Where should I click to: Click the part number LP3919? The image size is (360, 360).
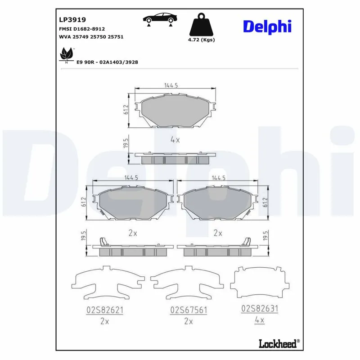coord(72,20)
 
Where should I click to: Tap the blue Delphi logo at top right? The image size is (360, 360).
coord(267,26)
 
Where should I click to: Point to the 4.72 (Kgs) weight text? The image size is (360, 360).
coord(201,40)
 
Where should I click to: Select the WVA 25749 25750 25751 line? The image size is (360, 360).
coord(91,36)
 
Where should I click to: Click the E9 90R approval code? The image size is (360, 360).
coord(107,62)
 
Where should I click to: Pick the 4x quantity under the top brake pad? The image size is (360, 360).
coord(175,140)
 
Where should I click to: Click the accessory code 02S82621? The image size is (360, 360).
coord(104,310)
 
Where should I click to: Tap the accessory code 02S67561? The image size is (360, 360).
coord(188,310)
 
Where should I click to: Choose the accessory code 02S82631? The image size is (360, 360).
coord(260,309)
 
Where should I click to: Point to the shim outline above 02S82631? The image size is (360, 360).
coord(259,283)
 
